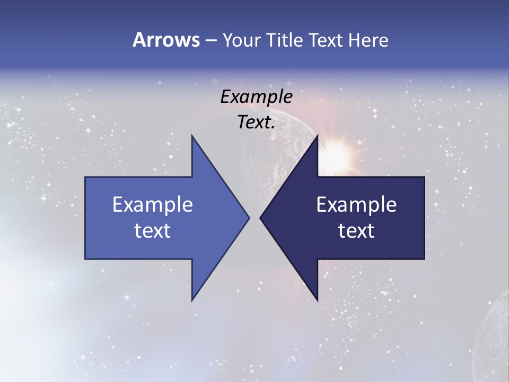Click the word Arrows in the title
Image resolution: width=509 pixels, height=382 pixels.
[166, 40]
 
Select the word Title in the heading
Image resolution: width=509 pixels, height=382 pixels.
[286, 40]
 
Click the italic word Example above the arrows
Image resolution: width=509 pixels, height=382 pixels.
[256, 97]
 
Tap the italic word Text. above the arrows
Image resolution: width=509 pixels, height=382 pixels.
[256, 123]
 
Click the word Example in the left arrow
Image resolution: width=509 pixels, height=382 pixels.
[153, 205]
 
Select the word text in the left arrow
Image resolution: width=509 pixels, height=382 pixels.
[153, 230]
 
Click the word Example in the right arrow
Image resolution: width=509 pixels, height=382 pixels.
[356, 205]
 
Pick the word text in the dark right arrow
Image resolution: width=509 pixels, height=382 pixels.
[356, 230]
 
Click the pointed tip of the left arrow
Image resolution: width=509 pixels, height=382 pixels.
[248, 218]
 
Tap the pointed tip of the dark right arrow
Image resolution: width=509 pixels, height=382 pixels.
[261, 218]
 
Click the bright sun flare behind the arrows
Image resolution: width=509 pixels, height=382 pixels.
[336, 153]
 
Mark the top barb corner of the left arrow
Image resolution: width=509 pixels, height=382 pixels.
[192, 137]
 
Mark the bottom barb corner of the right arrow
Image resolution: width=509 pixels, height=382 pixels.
[317, 300]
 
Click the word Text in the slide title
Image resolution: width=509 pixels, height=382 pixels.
[326, 40]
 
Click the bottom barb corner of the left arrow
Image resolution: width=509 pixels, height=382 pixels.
[192, 300]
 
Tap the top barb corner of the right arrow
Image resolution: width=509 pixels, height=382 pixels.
[317, 137]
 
